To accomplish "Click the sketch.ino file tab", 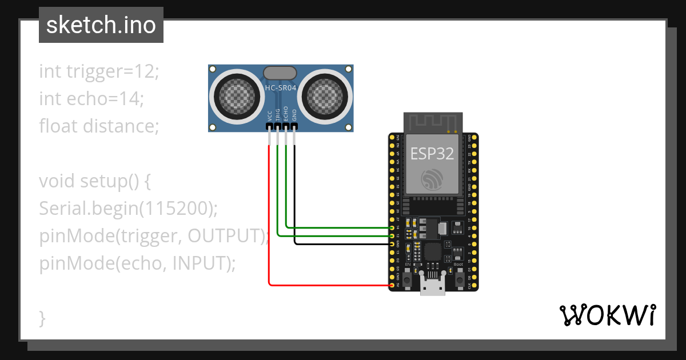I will coord(101,25).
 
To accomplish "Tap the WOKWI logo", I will coord(607,315).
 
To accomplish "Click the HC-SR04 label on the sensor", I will coord(280,88).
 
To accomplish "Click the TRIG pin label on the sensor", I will coord(277,114).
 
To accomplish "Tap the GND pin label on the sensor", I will coord(294,115).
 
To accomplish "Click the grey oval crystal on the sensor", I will coord(280,73).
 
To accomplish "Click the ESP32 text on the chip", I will coord(433,153).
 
